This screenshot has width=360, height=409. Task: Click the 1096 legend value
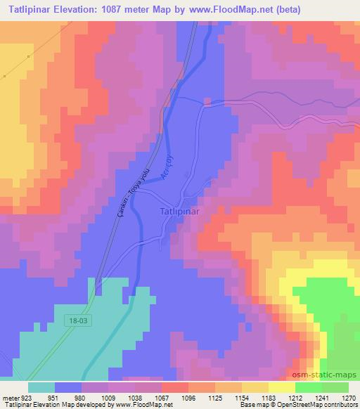click(188, 397)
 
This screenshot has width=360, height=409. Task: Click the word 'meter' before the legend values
click(10, 397)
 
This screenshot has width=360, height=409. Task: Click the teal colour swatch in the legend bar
click(41, 387)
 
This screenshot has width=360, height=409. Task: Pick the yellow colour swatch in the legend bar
click(282, 387)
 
